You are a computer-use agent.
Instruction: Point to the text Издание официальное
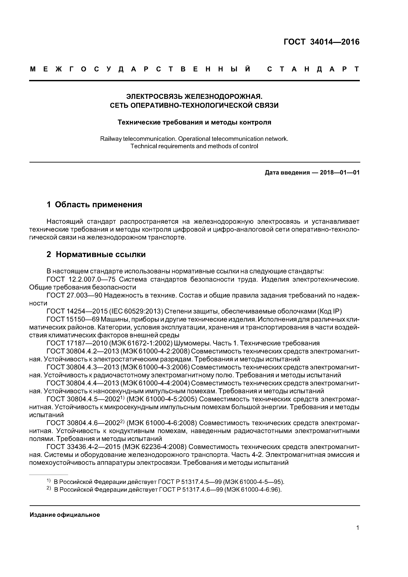pyautogui.click(x=65, y=515)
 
